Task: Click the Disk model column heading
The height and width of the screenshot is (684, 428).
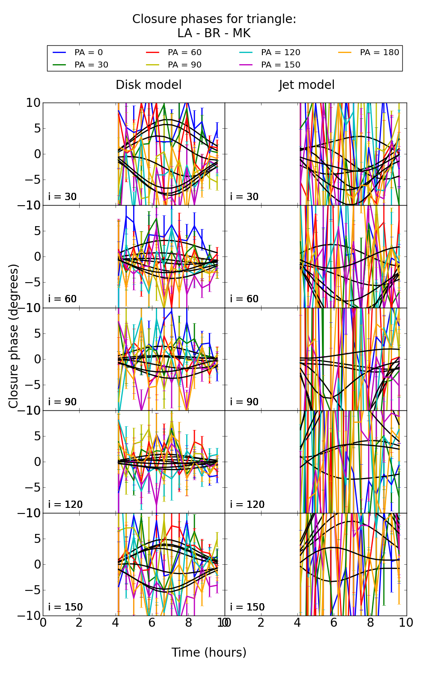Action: (x=149, y=85)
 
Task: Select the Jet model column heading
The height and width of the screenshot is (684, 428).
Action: (x=306, y=85)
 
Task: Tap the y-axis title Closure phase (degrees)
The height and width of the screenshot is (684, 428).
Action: (x=14, y=336)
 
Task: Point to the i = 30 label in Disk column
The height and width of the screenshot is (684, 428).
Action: (x=62, y=197)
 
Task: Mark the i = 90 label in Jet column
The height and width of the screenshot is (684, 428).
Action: (x=244, y=402)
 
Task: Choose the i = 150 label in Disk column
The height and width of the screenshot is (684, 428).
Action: (x=65, y=607)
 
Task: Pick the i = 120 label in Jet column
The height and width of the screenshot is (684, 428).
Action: (x=247, y=504)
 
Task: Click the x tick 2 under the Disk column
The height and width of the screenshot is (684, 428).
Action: (x=79, y=623)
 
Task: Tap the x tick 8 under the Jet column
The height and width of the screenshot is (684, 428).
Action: (x=370, y=623)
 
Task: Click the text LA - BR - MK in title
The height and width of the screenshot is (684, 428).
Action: (x=214, y=33)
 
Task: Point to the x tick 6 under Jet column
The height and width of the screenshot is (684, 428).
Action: (x=334, y=623)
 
